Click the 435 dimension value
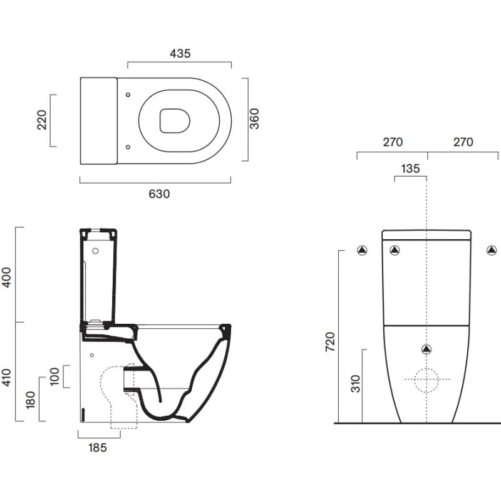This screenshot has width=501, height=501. [179, 54]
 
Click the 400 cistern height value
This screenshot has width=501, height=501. [7, 276]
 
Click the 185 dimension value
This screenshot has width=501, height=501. [98, 447]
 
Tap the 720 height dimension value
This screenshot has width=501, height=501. [330, 341]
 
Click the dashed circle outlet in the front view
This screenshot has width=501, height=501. [426, 380]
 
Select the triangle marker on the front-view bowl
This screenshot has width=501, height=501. [426, 349]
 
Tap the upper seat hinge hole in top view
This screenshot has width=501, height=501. [128, 95]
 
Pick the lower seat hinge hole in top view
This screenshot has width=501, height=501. [128, 147]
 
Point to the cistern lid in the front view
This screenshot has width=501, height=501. [426, 235]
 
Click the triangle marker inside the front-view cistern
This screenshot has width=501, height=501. [395, 251]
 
